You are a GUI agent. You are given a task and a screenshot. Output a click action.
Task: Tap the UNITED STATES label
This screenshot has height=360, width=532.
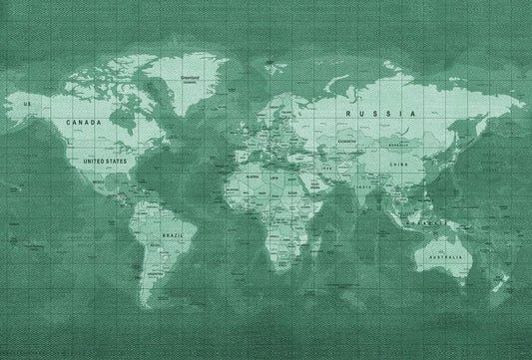click(x=105, y=161)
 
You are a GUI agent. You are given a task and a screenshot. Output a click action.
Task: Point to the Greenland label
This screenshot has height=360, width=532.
click(x=190, y=77)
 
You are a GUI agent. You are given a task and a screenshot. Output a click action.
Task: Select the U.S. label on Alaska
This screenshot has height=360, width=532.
click(x=28, y=104)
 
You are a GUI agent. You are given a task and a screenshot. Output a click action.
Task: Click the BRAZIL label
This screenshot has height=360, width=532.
click(x=172, y=235)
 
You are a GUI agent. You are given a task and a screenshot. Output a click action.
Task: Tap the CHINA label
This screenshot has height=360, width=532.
click(x=399, y=165)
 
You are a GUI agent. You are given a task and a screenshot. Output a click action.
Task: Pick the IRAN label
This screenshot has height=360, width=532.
click(x=328, y=171)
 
